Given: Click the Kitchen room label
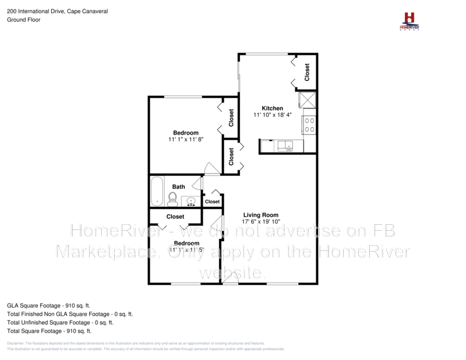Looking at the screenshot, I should tap(272, 108).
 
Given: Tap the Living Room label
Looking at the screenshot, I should tap(261, 215).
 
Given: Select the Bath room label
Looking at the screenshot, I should tap(178, 187).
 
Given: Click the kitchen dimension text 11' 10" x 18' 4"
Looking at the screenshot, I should tap(272, 115).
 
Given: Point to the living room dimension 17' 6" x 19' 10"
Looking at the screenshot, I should tap(262, 222).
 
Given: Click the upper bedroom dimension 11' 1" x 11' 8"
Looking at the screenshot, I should tap(186, 140).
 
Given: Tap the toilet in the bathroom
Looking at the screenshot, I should tap(172, 200).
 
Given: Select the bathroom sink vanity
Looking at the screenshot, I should tap(191, 202).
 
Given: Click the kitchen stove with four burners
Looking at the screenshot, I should tap(309, 125).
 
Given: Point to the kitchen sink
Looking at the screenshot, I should tap(285, 146).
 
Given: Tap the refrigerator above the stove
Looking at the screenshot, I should tap(308, 100).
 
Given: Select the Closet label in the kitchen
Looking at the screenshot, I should tap(307, 72).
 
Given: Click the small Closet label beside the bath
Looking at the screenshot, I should tap(213, 202).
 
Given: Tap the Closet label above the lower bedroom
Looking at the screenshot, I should tap(175, 217).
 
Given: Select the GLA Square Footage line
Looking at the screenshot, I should tap(48, 305).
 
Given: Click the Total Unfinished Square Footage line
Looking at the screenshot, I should tap(60, 322).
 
